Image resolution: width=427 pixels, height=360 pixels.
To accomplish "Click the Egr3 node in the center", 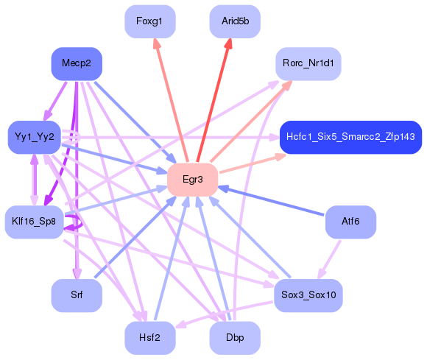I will click(x=192, y=180).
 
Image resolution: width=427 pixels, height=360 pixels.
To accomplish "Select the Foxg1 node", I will click(x=149, y=21).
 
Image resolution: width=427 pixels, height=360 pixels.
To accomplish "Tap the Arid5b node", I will click(x=235, y=21).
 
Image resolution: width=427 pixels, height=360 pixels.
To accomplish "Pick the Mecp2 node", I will click(x=77, y=64).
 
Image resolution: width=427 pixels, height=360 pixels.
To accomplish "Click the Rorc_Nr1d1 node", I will click(x=308, y=64).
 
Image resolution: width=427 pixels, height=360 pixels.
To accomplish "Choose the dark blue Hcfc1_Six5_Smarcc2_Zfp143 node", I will click(x=350, y=137).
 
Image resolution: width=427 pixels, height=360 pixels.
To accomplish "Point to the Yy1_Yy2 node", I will click(x=35, y=137).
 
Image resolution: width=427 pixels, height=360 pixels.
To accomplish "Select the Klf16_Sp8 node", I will click(x=35, y=222).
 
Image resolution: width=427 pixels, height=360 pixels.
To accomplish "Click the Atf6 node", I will click(x=350, y=222).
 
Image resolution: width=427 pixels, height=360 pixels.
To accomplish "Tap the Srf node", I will click(x=77, y=294).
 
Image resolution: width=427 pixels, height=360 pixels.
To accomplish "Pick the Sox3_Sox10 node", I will click(x=308, y=294).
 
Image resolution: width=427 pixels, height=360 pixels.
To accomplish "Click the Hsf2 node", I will click(x=149, y=337).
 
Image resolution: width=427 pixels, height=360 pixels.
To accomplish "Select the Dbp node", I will click(x=235, y=337).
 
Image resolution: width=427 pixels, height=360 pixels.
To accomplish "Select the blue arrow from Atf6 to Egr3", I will click(x=272, y=201).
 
